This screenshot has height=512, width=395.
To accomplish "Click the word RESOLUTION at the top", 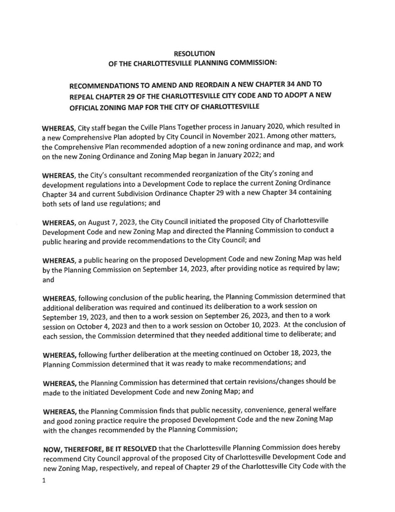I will [194, 53].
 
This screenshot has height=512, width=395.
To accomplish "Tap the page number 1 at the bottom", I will [44, 481].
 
